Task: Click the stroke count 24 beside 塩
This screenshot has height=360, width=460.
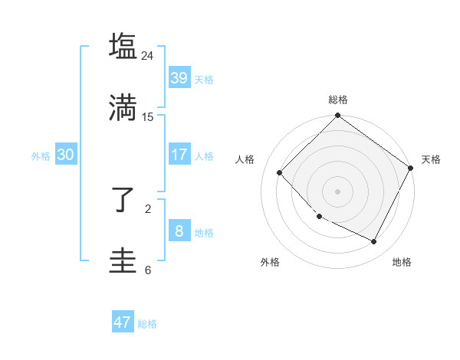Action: (147, 56)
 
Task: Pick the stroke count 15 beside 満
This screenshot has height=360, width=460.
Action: (147, 116)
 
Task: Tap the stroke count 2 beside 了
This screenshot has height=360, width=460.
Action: (148, 208)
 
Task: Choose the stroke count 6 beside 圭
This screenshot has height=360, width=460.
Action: (148, 270)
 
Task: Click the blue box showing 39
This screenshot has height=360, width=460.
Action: (179, 78)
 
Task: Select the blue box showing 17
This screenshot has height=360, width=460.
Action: (179, 155)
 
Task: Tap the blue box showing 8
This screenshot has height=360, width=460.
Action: (179, 231)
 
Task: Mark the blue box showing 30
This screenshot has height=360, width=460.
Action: (65, 155)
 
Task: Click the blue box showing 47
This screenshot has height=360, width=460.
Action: (123, 322)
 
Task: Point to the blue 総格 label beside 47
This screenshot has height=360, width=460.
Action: (147, 324)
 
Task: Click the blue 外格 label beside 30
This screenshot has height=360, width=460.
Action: (41, 156)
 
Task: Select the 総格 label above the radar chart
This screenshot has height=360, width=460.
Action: (337, 100)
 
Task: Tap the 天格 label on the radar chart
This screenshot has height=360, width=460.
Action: (431, 159)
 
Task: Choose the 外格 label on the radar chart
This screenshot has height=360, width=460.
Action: (270, 262)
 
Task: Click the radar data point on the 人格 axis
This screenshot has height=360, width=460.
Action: (280, 172)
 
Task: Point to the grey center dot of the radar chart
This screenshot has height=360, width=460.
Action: (337, 191)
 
